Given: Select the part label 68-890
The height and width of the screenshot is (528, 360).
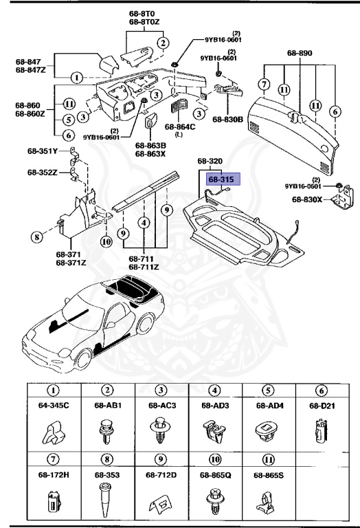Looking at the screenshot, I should pos(300,52).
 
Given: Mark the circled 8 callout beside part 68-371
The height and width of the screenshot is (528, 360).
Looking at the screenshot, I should pos(36,239).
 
